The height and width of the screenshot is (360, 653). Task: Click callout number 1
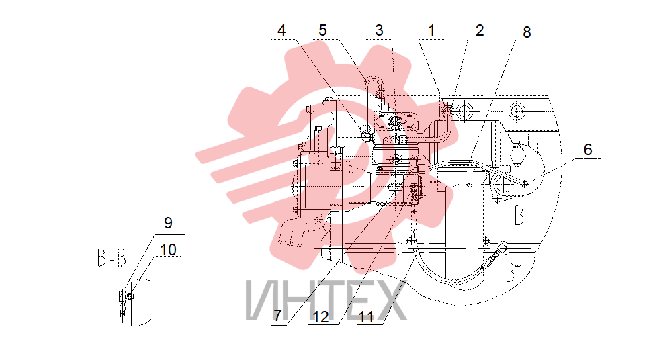click(x=431, y=30)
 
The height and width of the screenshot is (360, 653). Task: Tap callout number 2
click(x=480, y=30)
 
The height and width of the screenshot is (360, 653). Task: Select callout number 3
click(x=379, y=30)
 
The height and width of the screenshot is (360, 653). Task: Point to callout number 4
click(x=282, y=30)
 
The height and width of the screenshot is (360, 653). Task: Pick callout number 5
click(x=322, y=30)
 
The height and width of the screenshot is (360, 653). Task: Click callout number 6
click(x=588, y=150)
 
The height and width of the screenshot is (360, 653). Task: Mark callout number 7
click(x=277, y=316)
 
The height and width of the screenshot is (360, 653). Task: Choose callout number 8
click(x=527, y=32)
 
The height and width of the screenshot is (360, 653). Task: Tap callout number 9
click(x=168, y=223)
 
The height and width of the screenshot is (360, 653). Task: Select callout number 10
click(x=168, y=250)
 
